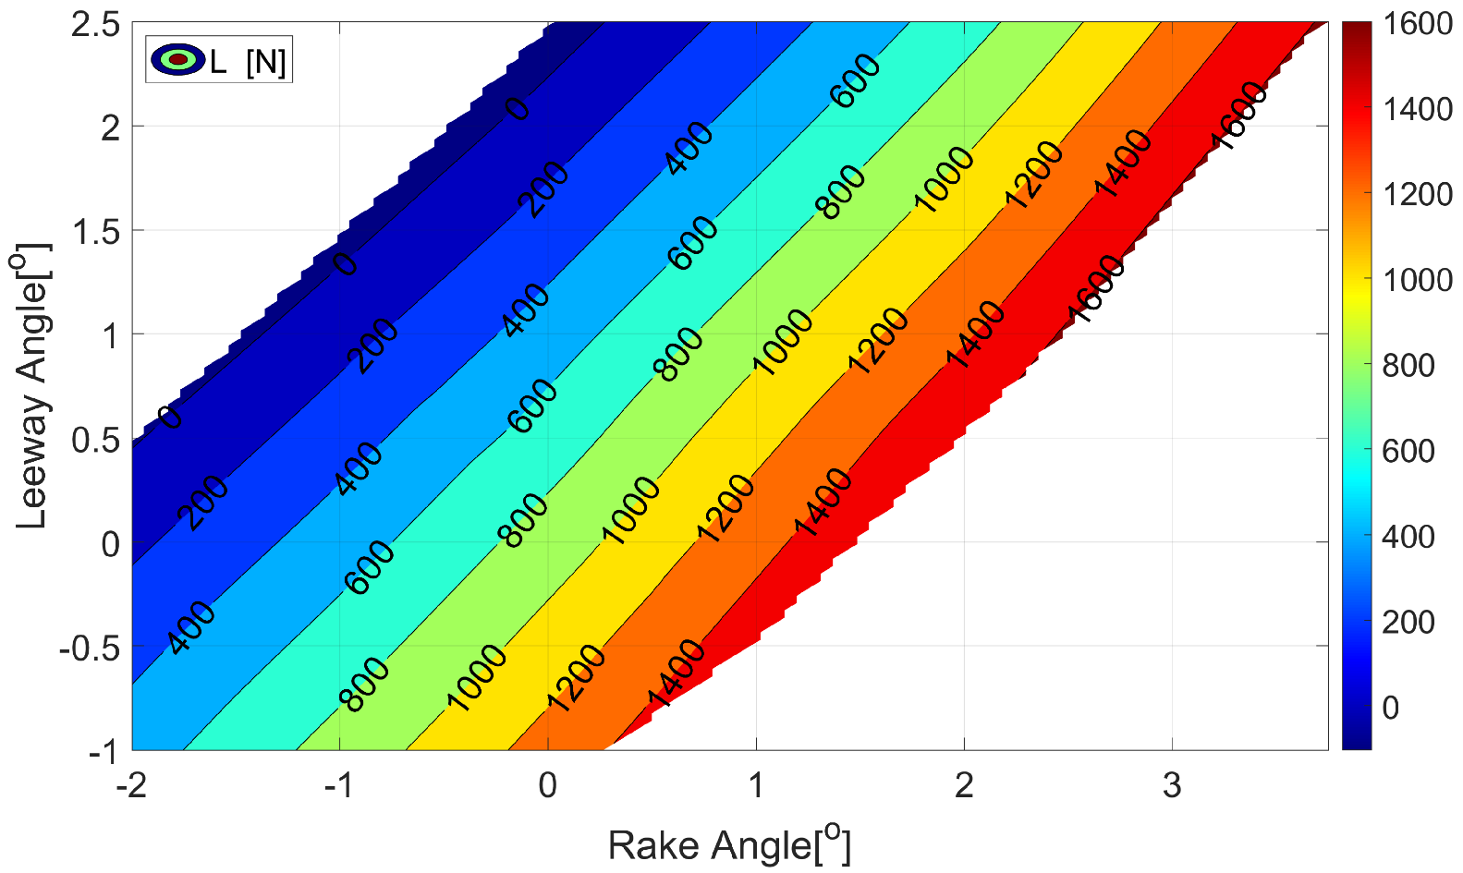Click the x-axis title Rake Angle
coord(728,845)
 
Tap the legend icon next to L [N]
coord(177,60)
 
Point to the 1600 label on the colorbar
coord(1418,24)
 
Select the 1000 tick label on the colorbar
coord(1418,280)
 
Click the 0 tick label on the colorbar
coord(1392,708)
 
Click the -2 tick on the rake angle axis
coord(132,785)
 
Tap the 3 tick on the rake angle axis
coord(1172,785)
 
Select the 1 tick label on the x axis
coord(756,785)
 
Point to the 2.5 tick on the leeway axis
coord(95,24)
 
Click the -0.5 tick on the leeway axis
coord(90,648)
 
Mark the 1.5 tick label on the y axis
coord(95,232)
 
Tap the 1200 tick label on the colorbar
coord(1418,195)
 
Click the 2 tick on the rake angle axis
coord(964,785)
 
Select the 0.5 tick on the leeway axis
coord(95,440)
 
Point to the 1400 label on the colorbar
coord(1418,109)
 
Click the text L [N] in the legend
coord(248,62)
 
